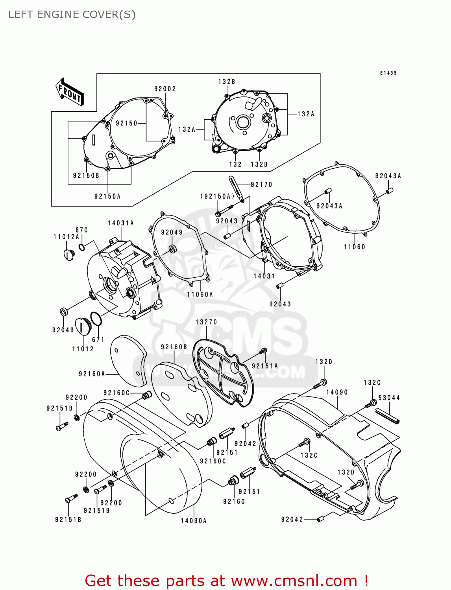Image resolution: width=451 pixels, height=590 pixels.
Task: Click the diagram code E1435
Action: (x=388, y=73)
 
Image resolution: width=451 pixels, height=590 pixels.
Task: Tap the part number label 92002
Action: (x=165, y=89)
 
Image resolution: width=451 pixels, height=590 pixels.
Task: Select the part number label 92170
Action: (x=261, y=184)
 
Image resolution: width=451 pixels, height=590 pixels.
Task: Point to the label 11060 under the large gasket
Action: (x=354, y=247)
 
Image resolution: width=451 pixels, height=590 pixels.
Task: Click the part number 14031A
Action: (x=121, y=223)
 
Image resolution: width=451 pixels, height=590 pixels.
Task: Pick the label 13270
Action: (x=206, y=322)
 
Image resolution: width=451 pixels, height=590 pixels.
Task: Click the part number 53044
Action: (x=389, y=398)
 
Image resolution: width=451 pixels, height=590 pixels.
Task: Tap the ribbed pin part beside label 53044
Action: (x=388, y=416)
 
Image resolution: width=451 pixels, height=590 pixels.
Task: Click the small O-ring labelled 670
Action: (x=81, y=247)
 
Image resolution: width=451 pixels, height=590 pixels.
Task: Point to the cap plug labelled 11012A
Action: (x=69, y=254)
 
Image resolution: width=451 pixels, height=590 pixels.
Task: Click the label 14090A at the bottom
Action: (x=194, y=521)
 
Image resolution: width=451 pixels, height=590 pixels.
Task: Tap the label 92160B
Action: (x=174, y=347)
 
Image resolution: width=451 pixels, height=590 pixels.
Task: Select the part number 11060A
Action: (x=200, y=294)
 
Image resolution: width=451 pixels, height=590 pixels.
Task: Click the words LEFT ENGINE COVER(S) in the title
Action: (x=72, y=15)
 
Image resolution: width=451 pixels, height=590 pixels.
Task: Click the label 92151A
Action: (x=265, y=366)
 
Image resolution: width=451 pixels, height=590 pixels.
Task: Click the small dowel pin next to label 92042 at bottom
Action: (x=320, y=519)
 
